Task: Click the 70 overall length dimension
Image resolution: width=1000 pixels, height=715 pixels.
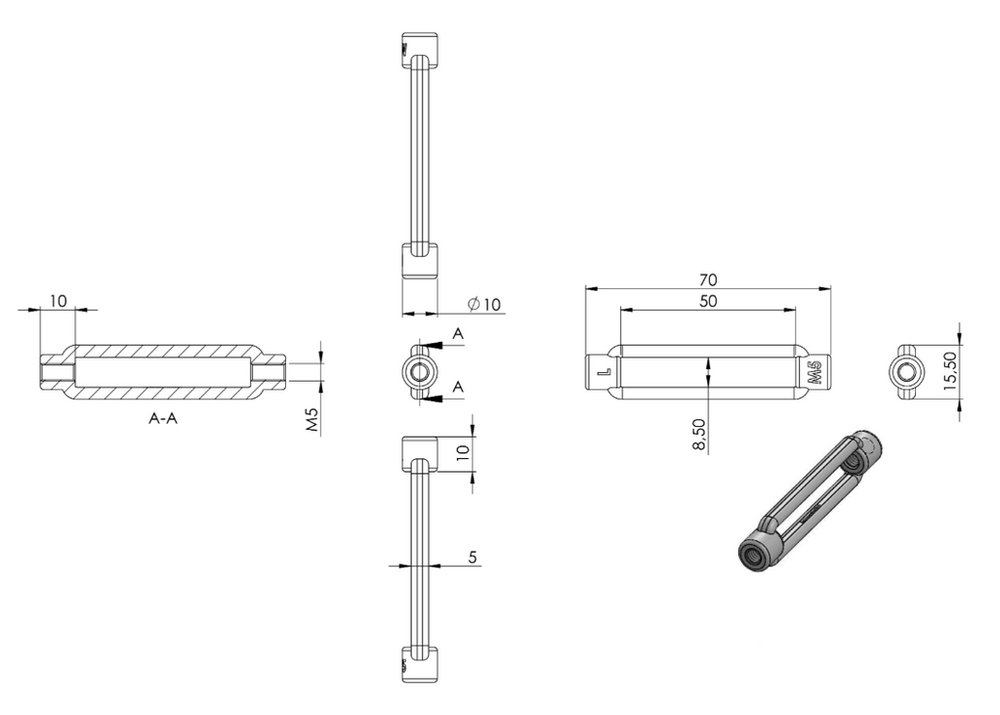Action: coord(708,280)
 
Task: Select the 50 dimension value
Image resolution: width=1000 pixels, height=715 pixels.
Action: coord(708,301)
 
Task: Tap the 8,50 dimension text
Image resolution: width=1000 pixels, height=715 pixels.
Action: coord(699,435)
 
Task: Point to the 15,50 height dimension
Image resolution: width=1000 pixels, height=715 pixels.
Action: coord(949,370)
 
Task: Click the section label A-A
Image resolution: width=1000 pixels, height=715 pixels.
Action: coord(163,418)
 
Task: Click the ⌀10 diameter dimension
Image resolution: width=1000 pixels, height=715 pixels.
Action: coord(484,304)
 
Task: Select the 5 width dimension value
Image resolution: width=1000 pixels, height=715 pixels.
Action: coord(473,557)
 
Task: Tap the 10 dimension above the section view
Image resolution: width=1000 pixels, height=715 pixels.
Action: coord(58,301)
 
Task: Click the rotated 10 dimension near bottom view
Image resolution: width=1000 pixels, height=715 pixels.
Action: coord(463,452)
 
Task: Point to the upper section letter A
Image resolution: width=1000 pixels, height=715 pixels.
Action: coord(458,334)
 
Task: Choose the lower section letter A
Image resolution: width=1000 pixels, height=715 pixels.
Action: coord(458,387)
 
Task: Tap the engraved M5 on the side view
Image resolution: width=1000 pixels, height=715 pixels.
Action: coord(814,372)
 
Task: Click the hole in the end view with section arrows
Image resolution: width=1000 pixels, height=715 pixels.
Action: coord(420,371)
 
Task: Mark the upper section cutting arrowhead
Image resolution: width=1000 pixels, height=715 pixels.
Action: coord(431,345)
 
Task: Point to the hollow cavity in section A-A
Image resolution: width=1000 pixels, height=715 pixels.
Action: coord(163,371)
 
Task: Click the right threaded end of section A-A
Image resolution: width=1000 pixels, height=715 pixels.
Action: coord(269,371)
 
